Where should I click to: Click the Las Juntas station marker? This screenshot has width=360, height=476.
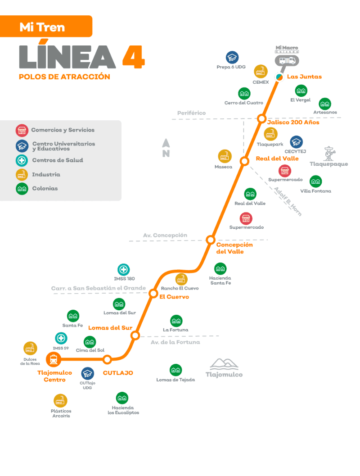[x=279, y=77]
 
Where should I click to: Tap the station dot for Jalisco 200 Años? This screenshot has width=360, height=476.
[x=261, y=119]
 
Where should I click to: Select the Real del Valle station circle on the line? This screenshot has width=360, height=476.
[x=244, y=161]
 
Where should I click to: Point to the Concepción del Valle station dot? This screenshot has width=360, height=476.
[x=210, y=239]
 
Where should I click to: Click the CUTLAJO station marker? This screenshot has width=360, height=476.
[x=107, y=359]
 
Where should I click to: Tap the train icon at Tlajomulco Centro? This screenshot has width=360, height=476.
[x=54, y=359]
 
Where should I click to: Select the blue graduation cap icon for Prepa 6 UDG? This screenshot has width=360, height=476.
[x=232, y=58]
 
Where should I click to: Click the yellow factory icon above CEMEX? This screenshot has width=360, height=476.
[x=261, y=72]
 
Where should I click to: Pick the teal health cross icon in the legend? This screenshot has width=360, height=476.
[x=22, y=160]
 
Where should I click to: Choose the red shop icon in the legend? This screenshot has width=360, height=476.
[x=22, y=131]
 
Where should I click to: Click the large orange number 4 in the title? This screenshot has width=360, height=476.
[x=133, y=57]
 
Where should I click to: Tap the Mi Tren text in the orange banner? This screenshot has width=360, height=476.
[x=42, y=27]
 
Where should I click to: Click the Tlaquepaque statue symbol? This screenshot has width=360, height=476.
[x=330, y=153]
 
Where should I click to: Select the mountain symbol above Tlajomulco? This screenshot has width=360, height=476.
[x=224, y=364]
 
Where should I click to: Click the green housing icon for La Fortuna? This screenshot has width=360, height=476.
[x=176, y=321]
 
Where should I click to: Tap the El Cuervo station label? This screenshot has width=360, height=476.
[x=174, y=297]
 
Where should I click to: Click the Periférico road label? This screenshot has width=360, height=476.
[x=191, y=113]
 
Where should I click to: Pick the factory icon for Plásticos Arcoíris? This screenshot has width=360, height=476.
[x=60, y=400]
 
